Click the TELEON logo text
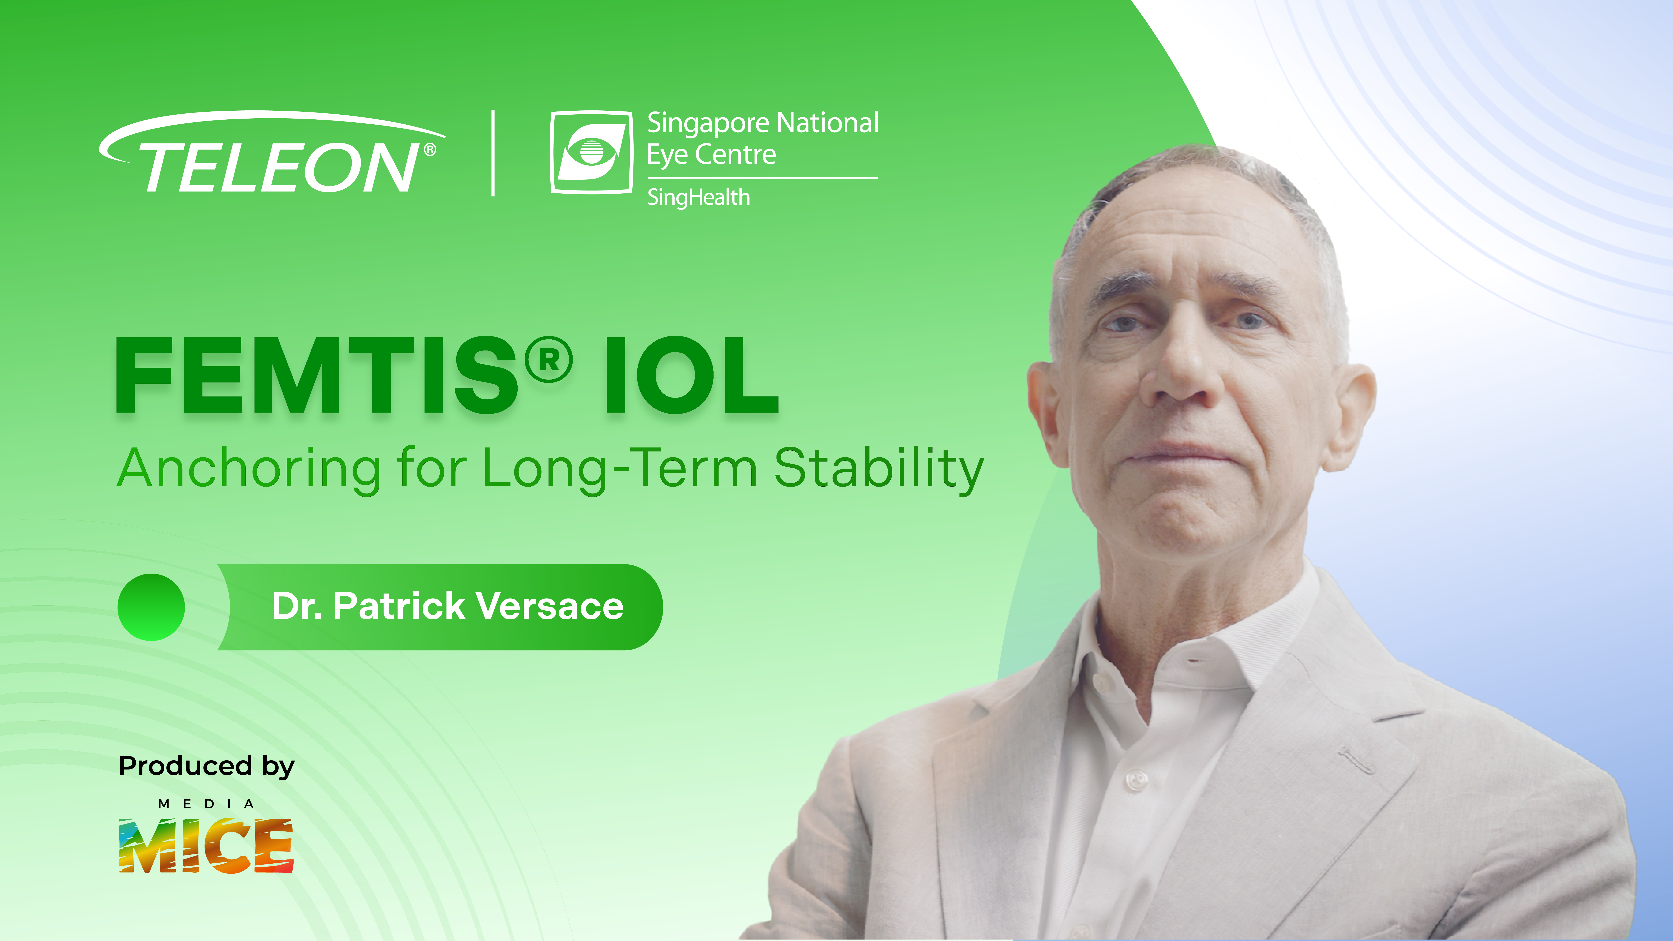[x=279, y=167]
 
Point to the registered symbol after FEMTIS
[x=549, y=359]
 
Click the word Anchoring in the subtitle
[x=249, y=469]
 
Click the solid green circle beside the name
[x=151, y=607]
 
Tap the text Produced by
[x=207, y=766]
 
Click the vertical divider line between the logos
[x=494, y=153]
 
